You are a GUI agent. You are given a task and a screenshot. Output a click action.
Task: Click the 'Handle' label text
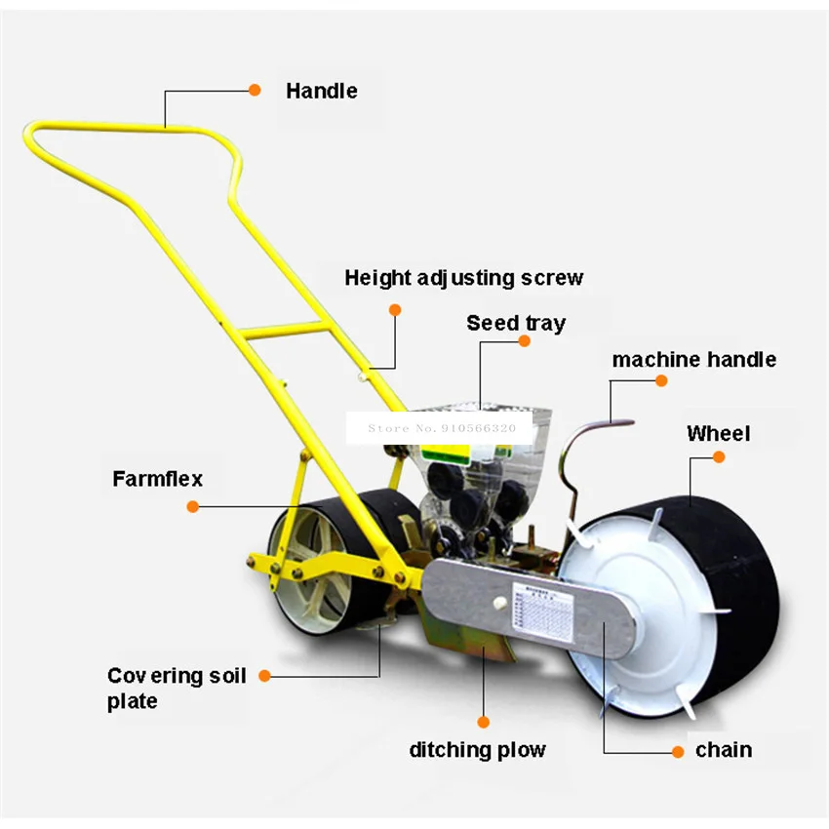click(321, 91)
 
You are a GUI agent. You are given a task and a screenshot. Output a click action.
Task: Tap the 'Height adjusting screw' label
click(463, 278)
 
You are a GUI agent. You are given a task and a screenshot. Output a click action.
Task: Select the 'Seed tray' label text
click(515, 323)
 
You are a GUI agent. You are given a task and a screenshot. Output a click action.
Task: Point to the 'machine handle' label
click(693, 359)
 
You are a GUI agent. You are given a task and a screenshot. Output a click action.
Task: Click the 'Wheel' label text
click(718, 433)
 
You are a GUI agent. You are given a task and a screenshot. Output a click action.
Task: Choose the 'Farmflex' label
click(157, 479)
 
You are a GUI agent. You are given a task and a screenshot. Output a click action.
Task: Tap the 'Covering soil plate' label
click(177, 688)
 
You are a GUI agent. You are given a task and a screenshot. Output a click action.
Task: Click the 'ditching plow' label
click(477, 750)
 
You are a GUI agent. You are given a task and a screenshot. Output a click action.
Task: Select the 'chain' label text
click(723, 750)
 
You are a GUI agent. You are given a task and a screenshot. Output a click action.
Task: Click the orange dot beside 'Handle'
click(255, 90)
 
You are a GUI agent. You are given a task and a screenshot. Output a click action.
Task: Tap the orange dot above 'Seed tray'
click(524, 342)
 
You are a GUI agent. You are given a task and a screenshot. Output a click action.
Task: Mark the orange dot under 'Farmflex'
click(192, 506)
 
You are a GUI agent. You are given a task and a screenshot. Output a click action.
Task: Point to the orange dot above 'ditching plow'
click(482, 723)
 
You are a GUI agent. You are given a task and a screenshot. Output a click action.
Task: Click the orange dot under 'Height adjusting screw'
click(395, 309)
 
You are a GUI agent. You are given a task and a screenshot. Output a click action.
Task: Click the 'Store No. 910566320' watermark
click(440, 426)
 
